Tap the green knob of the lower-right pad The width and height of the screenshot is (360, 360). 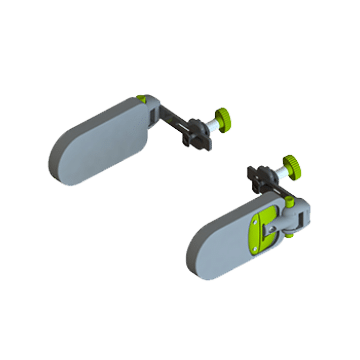click(291, 162)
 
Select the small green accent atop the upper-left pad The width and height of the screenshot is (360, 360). click(148, 98)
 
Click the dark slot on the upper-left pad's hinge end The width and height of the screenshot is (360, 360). click(153, 118)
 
